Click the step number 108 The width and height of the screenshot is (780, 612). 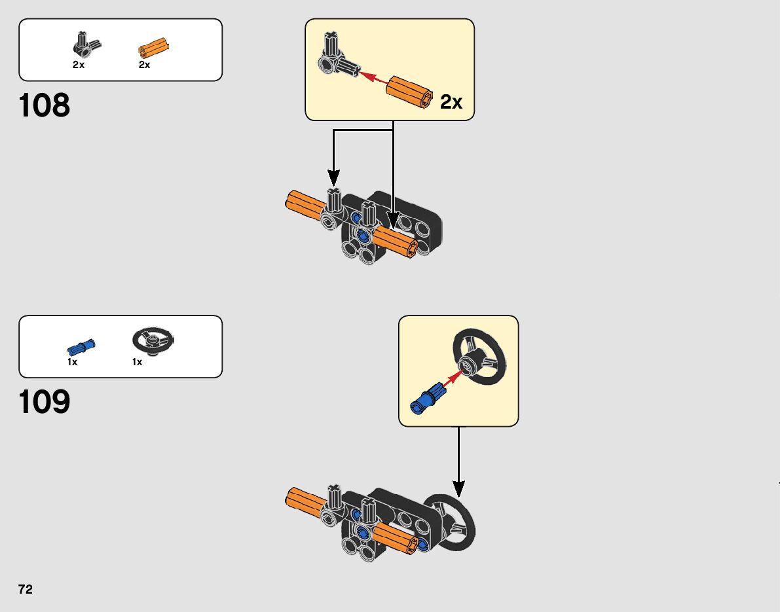click(x=45, y=105)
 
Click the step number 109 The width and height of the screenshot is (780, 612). click(x=45, y=403)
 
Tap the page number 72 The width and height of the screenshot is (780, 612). click(x=26, y=589)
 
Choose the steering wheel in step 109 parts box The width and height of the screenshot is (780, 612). click(x=153, y=342)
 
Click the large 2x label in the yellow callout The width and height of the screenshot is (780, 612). click(x=451, y=102)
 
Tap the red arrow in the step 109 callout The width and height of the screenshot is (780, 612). click(x=452, y=378)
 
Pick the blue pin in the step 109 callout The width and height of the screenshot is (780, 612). click(x=427, y=397)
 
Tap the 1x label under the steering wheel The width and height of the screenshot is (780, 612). click(x=137, y=362)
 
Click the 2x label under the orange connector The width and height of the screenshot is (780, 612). click(x=144, y=65)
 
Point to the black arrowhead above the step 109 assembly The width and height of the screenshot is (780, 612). click(x=458, y=488)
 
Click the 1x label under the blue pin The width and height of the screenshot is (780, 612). click(x=72, y=362)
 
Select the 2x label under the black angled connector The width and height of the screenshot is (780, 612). click(x=79, y=65)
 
